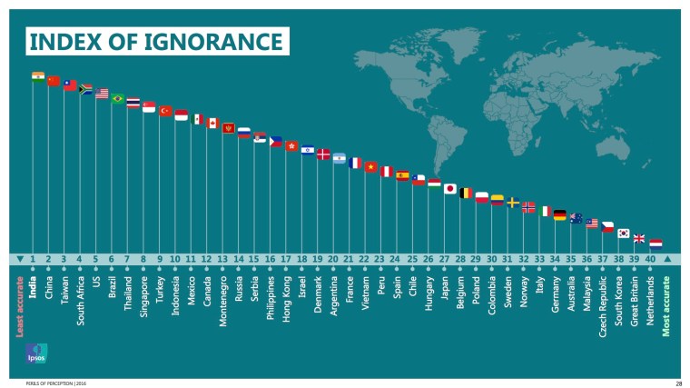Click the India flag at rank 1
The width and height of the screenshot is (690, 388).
[x=38, y=76]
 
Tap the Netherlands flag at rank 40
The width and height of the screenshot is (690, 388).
[x=655, y=244]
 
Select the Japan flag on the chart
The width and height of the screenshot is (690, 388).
[x=449, y=189]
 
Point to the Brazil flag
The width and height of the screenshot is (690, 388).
[x=117, y=98]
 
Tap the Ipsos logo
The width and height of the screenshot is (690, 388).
[x=35, y=353]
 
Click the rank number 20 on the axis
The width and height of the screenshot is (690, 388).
[x=332, y=259]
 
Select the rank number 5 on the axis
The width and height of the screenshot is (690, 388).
[x=95, y=259]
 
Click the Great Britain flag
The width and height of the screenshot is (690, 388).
[x=639, y=239]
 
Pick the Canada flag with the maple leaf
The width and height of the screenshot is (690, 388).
[x=212, y=123]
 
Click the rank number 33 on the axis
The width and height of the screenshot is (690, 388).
[x=538, y=259]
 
